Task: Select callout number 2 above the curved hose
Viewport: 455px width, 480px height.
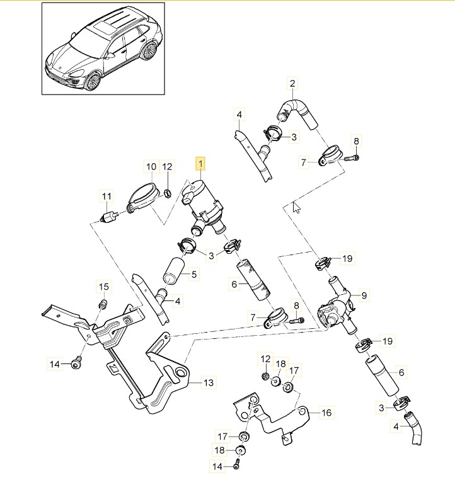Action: click(x=292, y=83)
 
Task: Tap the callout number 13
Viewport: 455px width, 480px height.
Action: click(x=209, y=382)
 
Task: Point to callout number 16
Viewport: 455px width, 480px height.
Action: click(x=326, y=413)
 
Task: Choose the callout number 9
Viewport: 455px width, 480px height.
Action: click(x=363, y=294)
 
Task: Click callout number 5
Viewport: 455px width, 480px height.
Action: click(x=194, y=274)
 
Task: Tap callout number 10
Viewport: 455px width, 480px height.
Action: click(x=151, y=167)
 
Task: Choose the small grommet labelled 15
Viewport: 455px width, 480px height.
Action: click(x=103, y=305)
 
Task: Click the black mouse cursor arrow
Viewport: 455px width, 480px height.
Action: click(x=296, y=208)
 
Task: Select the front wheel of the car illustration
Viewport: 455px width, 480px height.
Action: click(x=93, y=81)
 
